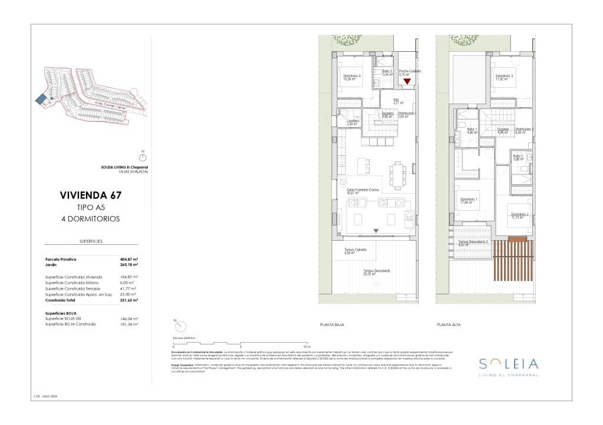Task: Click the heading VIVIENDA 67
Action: [91, 195]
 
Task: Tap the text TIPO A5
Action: [91, 207]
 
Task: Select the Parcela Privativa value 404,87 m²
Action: [128, 259]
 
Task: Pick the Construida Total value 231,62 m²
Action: [128, 300]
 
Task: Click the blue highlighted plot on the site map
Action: [41, 100]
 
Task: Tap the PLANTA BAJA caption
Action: [332, 324]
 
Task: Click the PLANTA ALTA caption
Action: [448, 324]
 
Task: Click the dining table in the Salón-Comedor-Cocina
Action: [397, 175]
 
